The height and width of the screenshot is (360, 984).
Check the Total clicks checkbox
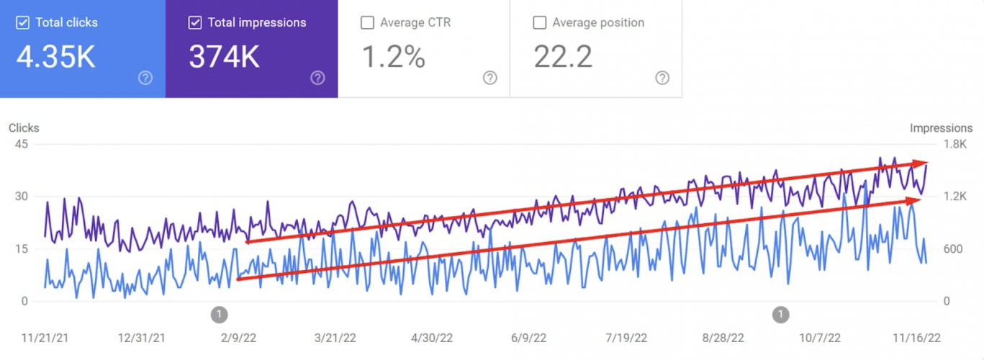[x=22, y=23]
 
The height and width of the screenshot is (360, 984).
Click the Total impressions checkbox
[x=194, y=23]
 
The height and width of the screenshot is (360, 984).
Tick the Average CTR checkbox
[x=367, y=23]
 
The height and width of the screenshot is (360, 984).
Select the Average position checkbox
[x=539, y=23]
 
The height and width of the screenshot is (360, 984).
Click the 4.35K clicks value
[x=56, y=58]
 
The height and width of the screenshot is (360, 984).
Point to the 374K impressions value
[x=224, y=58]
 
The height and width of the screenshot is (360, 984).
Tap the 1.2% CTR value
[x=393, y=58]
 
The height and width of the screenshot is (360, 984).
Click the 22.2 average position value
[x=563, y=58]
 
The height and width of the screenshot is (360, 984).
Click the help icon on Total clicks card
[x=145, y=78]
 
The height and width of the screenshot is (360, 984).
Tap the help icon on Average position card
[x=662, y=78]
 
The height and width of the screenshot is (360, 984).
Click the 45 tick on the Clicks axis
[x=21, y=143]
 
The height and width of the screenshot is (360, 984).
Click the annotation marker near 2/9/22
[x=220, y=315]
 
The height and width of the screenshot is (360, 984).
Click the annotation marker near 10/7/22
[x=780, y=315]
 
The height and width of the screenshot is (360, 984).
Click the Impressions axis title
[x=941, y=128]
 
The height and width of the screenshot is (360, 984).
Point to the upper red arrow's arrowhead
[x=921, y=164]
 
